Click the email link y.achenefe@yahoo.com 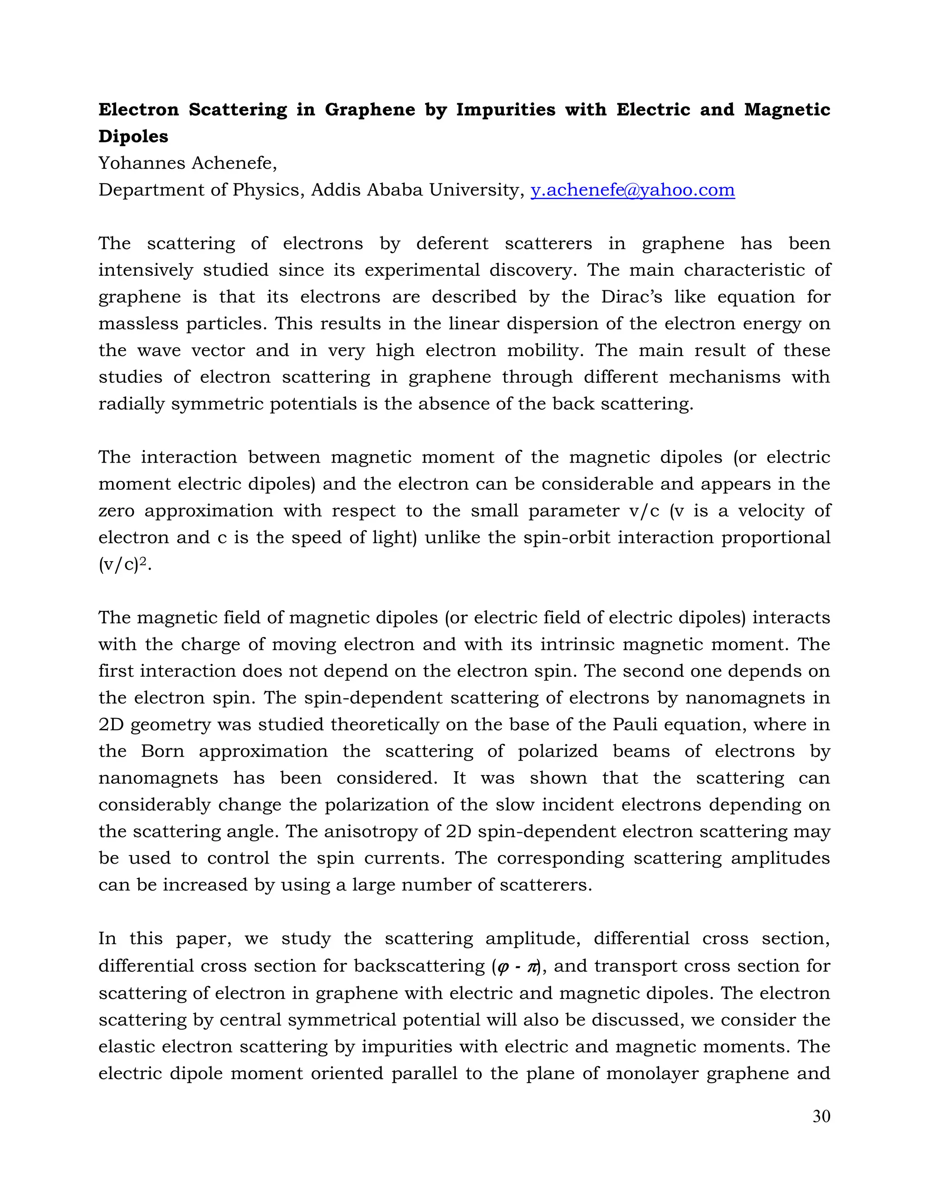pyautogui.click(x=632, y=190)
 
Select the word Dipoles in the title pyautogui.click(x=133, y=136)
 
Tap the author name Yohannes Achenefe pyautogui.click(x=187, y=163)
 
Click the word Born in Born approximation pyautogui.click(x=162, y=751)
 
